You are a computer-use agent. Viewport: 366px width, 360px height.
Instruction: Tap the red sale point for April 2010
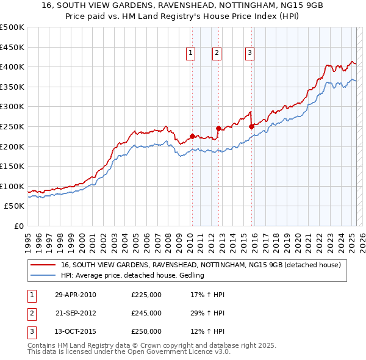click(192, 136)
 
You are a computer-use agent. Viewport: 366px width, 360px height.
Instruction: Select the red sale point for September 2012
click(218, 128)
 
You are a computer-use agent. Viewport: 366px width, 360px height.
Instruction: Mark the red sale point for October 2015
click(251, 126)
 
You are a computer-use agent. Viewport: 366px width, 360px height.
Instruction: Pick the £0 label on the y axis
click(18, 226)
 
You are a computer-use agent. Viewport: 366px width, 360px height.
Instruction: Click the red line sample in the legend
click(43, 265)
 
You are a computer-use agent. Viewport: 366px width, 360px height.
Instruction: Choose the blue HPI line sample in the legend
click(43, 276)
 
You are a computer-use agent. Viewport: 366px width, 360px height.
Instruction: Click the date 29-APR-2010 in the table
click(76, 295)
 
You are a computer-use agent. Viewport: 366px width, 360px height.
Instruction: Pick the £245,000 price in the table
click(146, 314)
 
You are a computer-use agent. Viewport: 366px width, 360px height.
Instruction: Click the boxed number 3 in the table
click(31, 332)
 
